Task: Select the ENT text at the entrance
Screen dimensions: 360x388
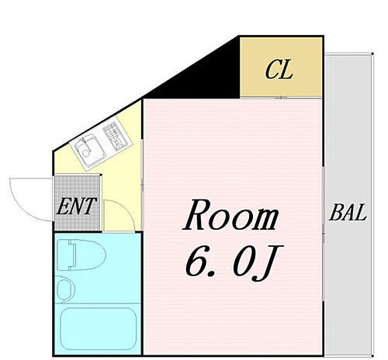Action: pos(75,207)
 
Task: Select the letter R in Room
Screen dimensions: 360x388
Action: pos(196,217)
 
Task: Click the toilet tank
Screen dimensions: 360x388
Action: pos(65,254)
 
